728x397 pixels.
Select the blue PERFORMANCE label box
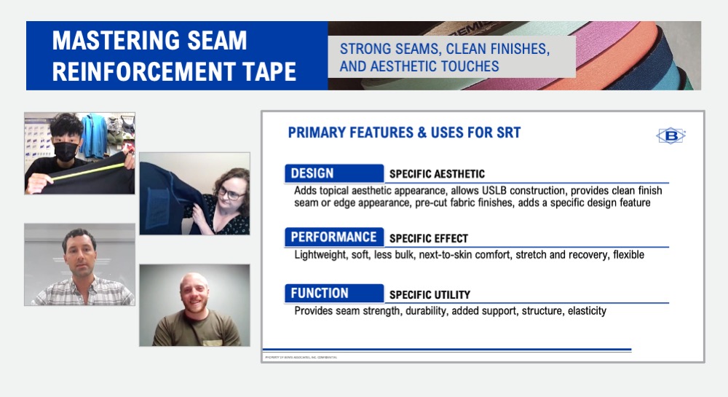pyautogui.click(x=333, y=237)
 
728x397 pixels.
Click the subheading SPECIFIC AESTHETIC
pyautogui.click(x=437, y=174)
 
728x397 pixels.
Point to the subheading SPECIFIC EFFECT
pyautogui.click(x=429, y=238)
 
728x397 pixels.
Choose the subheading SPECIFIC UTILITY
pyautogui.click(x=430, y=295)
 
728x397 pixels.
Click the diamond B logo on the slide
pyautogui.click(x=670, y=135)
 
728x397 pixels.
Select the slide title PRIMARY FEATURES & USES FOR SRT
pyautogui.click(x=404, y=133)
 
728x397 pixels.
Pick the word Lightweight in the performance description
pyautogui.click(x=321, y=255)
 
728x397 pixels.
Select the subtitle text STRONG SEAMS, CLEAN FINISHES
pyautogui.click(x=445, y=50)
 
